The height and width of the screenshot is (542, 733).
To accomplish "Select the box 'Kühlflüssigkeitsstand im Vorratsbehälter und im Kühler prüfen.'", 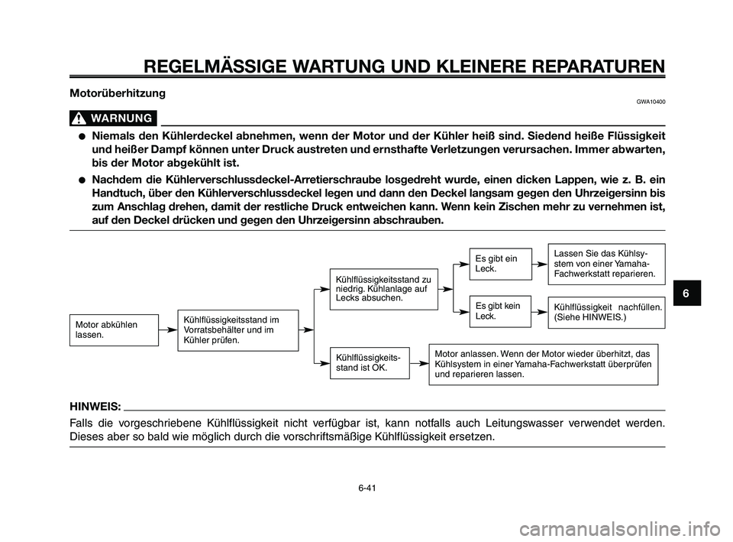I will tap(237, 329).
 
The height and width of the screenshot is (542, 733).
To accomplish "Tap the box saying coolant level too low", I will tap(383, 288).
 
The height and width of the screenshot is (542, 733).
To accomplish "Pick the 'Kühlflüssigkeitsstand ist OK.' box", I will tap(369, 362).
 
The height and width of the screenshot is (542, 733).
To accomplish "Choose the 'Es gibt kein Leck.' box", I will tap(499, 311).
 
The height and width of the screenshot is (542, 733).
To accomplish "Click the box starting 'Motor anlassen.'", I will tap(543, 364).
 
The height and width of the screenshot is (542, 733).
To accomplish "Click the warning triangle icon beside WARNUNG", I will tap(78, 118).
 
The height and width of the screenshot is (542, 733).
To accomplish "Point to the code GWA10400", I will tap(649, 102).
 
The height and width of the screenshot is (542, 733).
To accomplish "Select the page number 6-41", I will tap(366, 486).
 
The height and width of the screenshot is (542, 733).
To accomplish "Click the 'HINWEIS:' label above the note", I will tap(94, 405).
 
